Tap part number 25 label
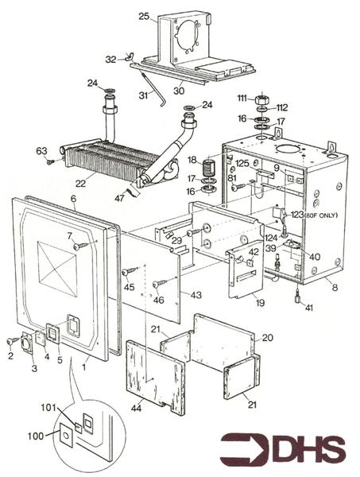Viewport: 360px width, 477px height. tap(144, 16)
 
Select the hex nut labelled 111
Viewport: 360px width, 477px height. tap(260, 99)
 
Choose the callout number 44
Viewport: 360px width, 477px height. tap(136, 409)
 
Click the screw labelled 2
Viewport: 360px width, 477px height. tap(14, 341)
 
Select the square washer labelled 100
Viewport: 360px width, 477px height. tap(66, 435)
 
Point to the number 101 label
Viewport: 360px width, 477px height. tap(48, 408)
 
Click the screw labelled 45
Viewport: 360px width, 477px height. tap(130, 271)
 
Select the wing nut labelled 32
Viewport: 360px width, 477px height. tap(130, 56)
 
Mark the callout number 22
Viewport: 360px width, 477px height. tap(80, 183)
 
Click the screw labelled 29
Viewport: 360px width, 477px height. tap(195, 233)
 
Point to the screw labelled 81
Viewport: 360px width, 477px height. tap(238, 187)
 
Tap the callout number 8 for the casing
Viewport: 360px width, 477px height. tap(335, 288)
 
